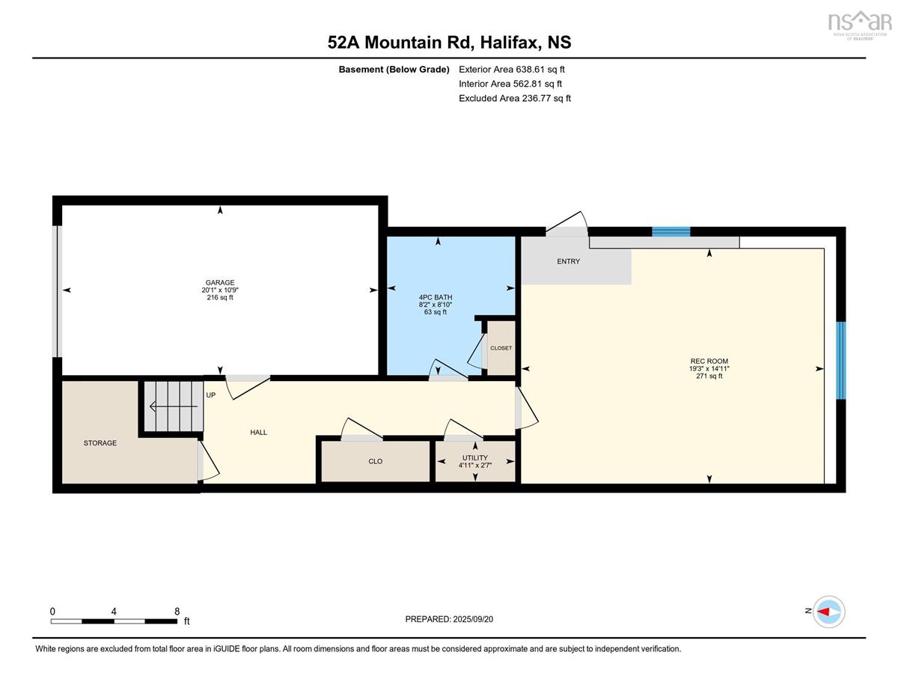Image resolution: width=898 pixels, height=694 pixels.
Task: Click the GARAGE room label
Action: pyautogui.click(x=220, y=282)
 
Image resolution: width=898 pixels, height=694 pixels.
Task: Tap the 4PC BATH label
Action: pyautogui.click(x=436, y=297)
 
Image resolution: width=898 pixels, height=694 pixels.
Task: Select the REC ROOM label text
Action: pyautogui.click(x=709, y=361)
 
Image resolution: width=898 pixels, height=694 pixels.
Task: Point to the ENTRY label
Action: pyautogui.click(x=568, y=261)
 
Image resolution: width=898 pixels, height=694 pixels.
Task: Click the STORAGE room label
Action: pyautogui.click(x=100, y=442)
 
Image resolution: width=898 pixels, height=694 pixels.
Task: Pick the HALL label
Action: pyautogui.click(x=259, y=433)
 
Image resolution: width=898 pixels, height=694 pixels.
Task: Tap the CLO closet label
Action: pyautogui.click(x=375, y=461)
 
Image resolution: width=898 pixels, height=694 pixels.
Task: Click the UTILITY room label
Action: pyautogui.click(x=475, y=457)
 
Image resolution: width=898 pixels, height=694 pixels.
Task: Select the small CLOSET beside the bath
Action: pyautogui.click(x=501, y=348)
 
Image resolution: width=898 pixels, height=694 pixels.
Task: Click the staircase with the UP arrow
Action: pyautogui.click(x=173, y=407)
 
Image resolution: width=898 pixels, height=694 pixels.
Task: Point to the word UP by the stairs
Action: pyautogui.click(x=211, y=395)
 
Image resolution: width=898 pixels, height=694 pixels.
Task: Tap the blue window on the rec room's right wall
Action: pyautogui.click(x=841, y=360)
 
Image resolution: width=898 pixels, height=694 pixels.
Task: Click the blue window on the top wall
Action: pyautogui.click(x=671, y=231)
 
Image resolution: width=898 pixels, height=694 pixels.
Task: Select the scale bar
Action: pyautogui.click(x=114, y=621)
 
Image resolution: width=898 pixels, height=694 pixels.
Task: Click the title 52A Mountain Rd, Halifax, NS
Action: pyautogui.click(x=449, y=42)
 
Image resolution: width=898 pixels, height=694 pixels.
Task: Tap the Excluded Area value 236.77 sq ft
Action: pyautogui.click(x=515, y=98)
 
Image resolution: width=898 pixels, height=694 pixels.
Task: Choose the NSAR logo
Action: pyautogui.click(x=857, y=25)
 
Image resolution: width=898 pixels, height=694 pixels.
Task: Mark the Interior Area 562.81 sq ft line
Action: pyautogui.click(x=510, y=84)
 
